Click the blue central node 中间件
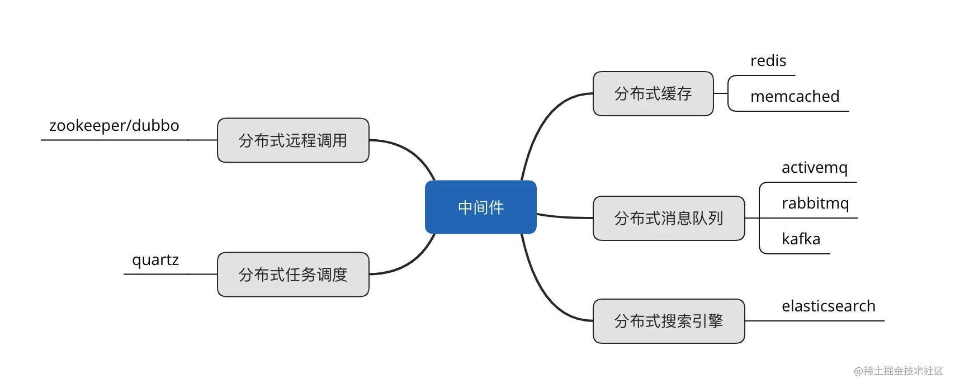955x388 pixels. click(480, 207)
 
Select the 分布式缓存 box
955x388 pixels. click(653, 93)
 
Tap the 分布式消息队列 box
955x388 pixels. click(669, 218)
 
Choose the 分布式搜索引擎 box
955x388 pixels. click(669, 321)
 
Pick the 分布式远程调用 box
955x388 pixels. click(294, 140)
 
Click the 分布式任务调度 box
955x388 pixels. click(294, 275)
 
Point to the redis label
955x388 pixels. click(768, 60)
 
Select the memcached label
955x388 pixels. click(795, 96)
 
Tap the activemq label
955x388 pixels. click(815, 168)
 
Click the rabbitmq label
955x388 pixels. click(815, 204)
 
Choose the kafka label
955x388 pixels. click(801, 239)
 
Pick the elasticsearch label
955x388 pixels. click(829, 306)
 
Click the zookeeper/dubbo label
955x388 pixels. click(114, 126)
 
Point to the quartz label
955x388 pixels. click(155, 260)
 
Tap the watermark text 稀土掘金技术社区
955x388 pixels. click(903, 371)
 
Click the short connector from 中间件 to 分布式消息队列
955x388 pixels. click(565, 217)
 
